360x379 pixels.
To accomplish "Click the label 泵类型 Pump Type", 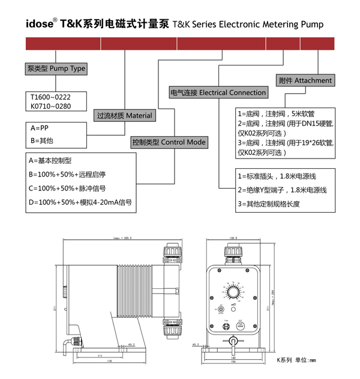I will click(56, 68).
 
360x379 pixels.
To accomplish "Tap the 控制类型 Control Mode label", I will click(169, 142).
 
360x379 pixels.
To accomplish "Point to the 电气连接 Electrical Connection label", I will click(218, 92).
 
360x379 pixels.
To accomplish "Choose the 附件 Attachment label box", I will click(305, 80).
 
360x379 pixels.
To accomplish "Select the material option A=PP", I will click(40, 128).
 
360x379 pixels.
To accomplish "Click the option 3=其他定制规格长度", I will click(268, 204).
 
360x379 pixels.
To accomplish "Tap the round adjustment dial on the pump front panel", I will click(233, 293).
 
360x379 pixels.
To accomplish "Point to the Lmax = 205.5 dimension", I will click(122, 238).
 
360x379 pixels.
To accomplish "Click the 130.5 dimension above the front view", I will click(233, 238).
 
